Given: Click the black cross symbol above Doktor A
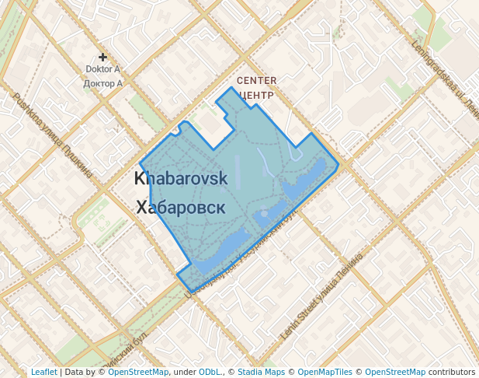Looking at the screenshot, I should pyautogui.click(x=102, y=57).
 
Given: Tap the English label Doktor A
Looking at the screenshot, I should pyautogui.click(x=102, y=69).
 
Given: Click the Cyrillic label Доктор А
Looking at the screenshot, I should pyautogui.click(x=102, y=83).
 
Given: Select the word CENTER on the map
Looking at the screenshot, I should pyautogui.click(x=256, y=81).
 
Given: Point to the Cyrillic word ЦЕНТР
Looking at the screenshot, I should pyautogui.click(x=257, y=96).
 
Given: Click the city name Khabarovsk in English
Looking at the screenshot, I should pyautogui.click(x=181, y=178).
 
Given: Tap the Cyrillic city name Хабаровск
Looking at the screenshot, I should pyautogui.click(x=181, y=208).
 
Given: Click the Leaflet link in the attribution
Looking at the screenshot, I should pyautogui.click(x=43, y=372).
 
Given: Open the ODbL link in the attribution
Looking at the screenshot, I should pyautogui.click(x=210, y=372).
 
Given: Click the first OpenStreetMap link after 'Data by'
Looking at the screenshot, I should pyautogui.click(x=138, y=372).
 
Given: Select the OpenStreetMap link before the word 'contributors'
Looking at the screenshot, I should pyautogui.click(x=394, y=372).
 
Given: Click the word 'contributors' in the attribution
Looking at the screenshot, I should pyautogui.click(x=451, y=372).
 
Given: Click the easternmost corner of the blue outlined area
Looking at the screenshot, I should pyautogui.click(x=338, y=165).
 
